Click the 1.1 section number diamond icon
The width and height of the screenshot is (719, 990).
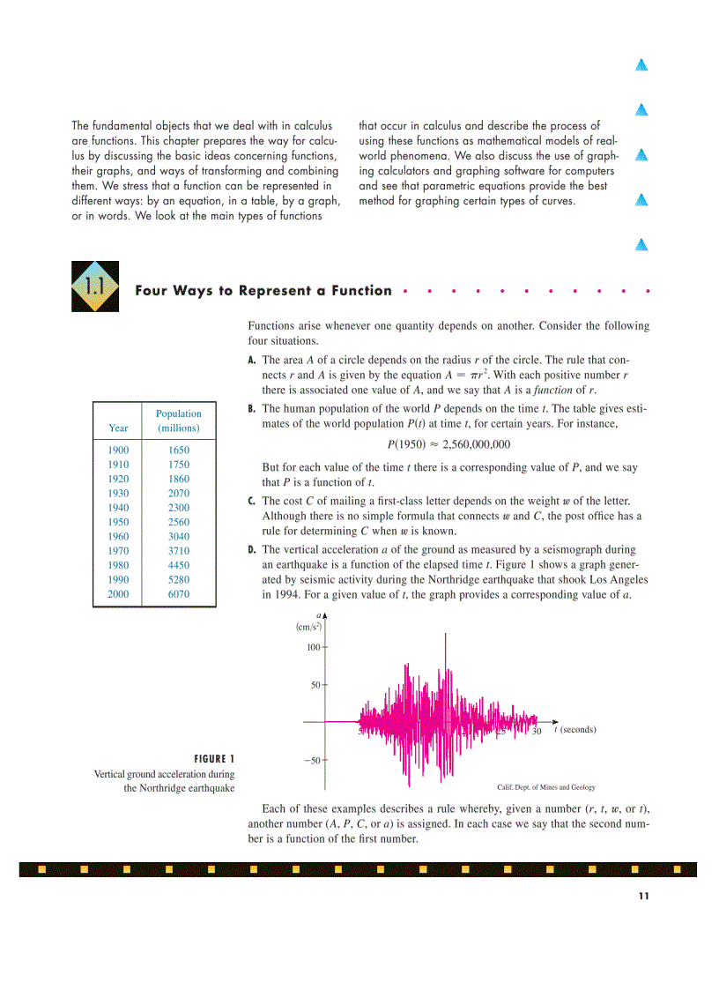coord(95,287)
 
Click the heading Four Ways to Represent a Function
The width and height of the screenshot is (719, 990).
coord(263,291)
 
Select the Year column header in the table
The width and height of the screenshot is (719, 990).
coord(118,428)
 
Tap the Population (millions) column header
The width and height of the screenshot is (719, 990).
coord(178,421)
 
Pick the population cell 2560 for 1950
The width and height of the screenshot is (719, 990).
coord(178,522)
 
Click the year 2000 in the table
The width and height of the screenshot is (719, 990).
coord(118,594)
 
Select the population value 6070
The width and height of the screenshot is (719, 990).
coord(178,594)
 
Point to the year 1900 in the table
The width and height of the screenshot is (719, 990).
coord(118,450)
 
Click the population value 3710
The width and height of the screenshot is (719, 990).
coord(178,551)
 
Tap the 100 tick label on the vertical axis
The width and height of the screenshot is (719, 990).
coord(313,648)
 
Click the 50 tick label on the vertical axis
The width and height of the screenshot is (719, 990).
coord(315,684)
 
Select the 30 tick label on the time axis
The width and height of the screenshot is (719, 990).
coord(536,731)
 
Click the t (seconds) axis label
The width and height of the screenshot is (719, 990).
coord(574,730)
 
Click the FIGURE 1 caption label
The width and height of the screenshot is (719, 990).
coord(213,758)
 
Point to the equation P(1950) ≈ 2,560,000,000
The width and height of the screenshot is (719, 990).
coord(448,444)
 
